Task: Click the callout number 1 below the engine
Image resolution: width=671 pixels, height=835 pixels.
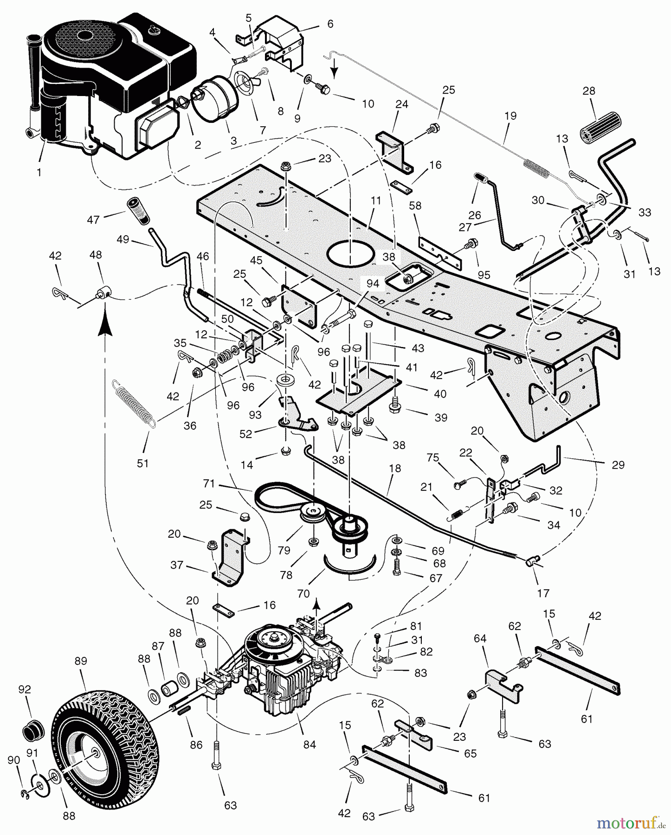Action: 39,173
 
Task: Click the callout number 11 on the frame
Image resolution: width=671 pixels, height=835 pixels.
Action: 375,200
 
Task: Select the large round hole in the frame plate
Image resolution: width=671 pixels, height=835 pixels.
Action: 351,255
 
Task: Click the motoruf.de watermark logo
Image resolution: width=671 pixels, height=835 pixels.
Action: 631,823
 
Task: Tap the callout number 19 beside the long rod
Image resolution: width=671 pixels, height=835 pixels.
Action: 510,116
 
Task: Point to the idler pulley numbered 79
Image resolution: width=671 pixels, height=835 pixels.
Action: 309,514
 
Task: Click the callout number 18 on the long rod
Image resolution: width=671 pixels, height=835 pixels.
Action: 394,469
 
